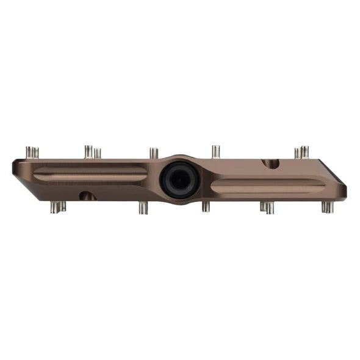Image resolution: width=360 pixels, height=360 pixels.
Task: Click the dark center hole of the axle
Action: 179,180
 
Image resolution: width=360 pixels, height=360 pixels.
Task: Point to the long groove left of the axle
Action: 90,174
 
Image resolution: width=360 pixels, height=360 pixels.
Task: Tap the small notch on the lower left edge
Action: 87,196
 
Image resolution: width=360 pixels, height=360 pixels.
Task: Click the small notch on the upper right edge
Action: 270,164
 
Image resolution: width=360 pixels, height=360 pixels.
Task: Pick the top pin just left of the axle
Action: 154,153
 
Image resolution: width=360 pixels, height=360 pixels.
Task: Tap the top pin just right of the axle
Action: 215,151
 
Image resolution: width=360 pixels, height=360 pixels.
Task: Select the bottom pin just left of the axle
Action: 143,207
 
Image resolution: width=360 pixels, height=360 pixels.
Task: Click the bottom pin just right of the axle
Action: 206,207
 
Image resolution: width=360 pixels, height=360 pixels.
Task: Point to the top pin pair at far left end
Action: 32,152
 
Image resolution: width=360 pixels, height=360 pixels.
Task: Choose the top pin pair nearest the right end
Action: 301,152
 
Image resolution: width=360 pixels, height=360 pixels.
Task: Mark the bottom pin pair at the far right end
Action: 328,207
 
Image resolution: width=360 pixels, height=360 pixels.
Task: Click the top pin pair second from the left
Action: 92,152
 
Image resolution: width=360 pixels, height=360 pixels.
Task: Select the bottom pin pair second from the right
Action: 267,207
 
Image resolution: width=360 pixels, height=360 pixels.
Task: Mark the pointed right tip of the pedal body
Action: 344,190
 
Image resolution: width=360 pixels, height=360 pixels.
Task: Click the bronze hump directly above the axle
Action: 179,158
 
